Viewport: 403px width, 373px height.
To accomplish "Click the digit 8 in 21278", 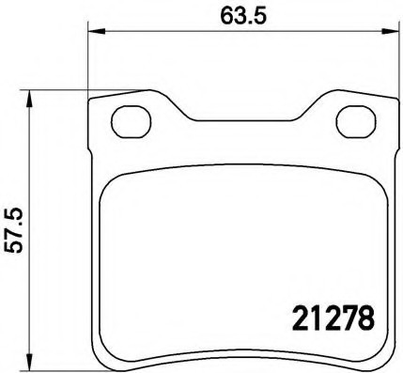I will coord(363,319).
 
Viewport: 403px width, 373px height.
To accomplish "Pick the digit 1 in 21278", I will coord(309,319).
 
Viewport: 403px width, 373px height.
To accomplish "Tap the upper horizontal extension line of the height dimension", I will coord(85,90).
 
